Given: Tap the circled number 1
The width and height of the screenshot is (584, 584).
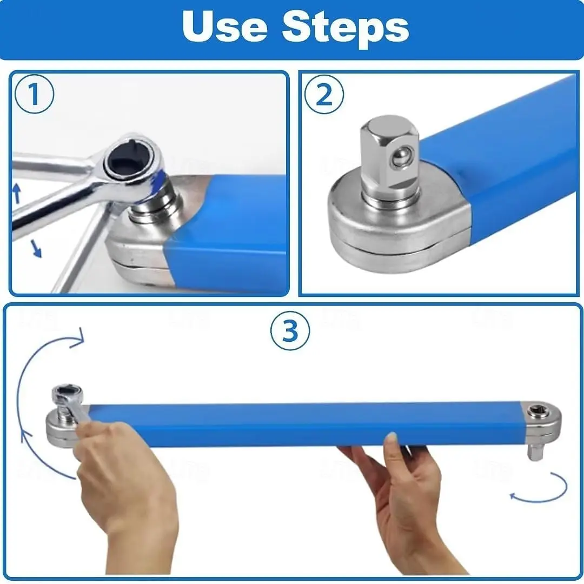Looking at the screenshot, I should click(x=34, y=95).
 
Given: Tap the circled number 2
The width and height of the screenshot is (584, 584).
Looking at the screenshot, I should click(x=324, y=95).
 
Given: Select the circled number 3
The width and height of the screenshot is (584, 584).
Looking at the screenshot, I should click(x=290, y=330).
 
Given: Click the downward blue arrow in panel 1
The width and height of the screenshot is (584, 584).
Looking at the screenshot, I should click(x=35, y=248).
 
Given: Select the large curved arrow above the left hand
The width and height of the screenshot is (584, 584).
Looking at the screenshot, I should click(x=38, y=379).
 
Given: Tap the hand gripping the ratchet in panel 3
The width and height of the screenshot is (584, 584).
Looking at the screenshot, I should click(x=124, y=487).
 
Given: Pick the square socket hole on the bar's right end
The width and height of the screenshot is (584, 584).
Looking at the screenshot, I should click(x=538, y=412).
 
